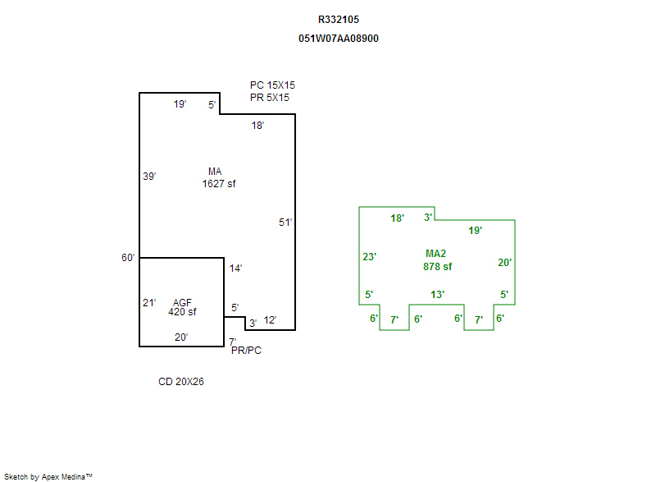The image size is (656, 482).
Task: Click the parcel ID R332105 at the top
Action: pyautogui.click(x=339, y=20)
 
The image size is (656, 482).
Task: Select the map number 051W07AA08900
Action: pyautogui.click(x=339, y=39)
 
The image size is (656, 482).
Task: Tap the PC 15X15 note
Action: pyautogui.click(x=272, y=85)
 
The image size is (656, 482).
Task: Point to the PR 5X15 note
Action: pyautogui.click(x=270, y=98)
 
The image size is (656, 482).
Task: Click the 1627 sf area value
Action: pyautogui.click(x=219, y=184)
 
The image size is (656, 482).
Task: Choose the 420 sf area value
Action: pyautogui.click(x=182, y=312)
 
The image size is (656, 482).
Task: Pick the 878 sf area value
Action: pyautogui.click(x=438, y=267)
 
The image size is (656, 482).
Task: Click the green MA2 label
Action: pyautogui.click(x=435, y=254)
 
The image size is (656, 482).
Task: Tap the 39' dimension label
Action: pyautogui.click(x=149, y=177)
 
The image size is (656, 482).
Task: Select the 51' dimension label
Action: pyautogui.click(x=285, y=223)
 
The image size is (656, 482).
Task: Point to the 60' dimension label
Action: pyautogui.click(x=128, y=258)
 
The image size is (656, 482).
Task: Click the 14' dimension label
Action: pyautogui.click(x=235, y=269)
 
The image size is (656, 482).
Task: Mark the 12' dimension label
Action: pyautogui.click(x=271, y=320)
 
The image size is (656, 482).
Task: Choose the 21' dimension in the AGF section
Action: pyautogui.click(x=149, y=303)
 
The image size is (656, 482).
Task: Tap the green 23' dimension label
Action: pyautogui.click(x=370, y=257)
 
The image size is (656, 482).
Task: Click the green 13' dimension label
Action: pyautogui.click(x=438, y=295)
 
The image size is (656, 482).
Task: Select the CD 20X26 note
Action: pyautogui.click(x=181, y=382)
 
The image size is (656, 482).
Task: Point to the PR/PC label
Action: pyautogui.click(x=247, y=351)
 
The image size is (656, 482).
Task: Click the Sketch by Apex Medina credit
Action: pyautogui.click(x=48, y=477)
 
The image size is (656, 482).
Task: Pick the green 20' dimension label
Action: pyautogui.click(x=504, y=263)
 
